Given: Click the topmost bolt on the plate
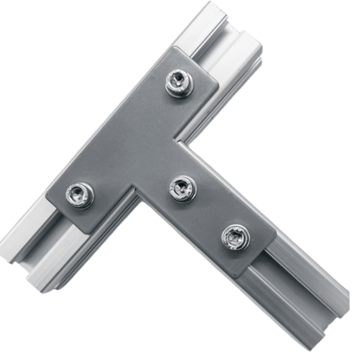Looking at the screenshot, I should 178,83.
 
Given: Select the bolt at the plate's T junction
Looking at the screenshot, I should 181,187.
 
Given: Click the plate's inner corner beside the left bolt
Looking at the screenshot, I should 138,192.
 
